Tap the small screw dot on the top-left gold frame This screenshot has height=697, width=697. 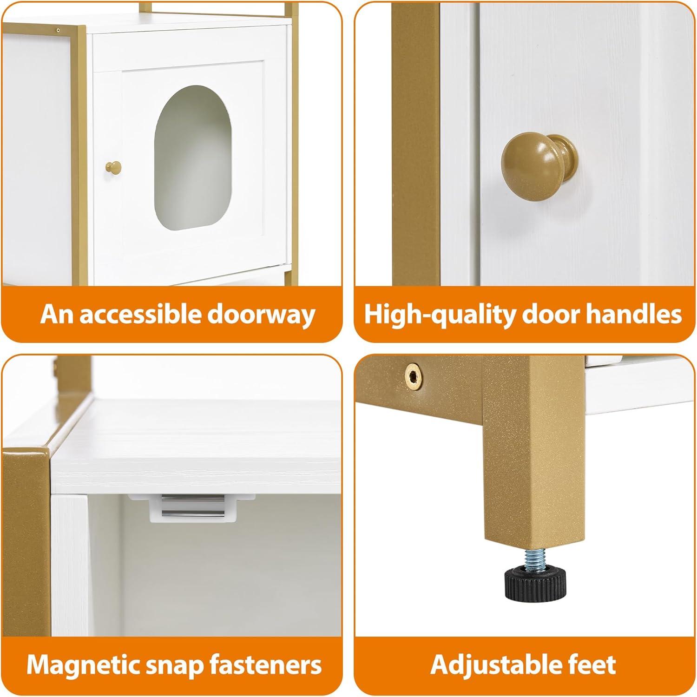(58, 30)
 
